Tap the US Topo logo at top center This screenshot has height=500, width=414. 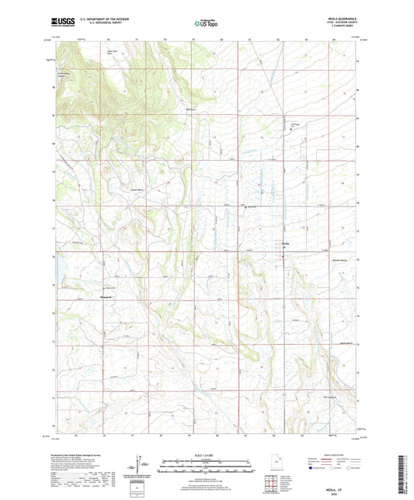[206, 24]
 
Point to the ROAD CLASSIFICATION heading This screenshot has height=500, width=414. [330, 455]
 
